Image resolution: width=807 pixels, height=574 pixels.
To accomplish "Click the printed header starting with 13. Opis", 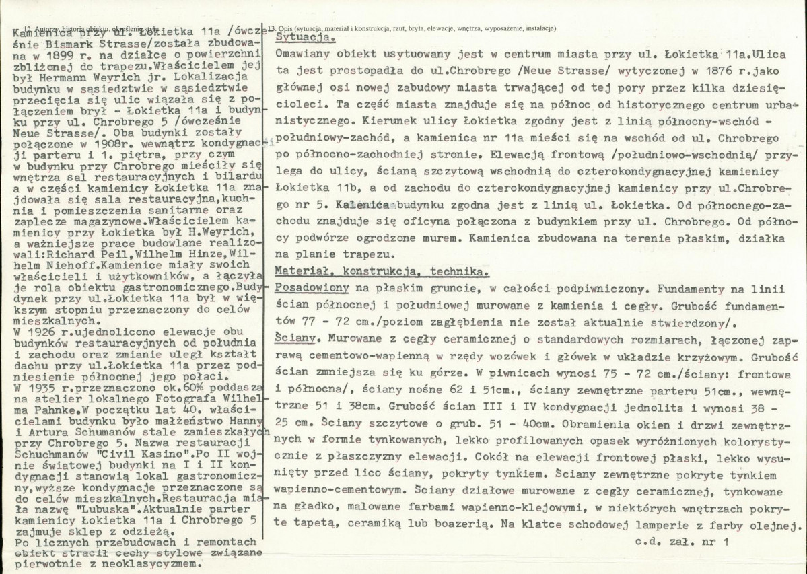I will (x=412, y=28).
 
